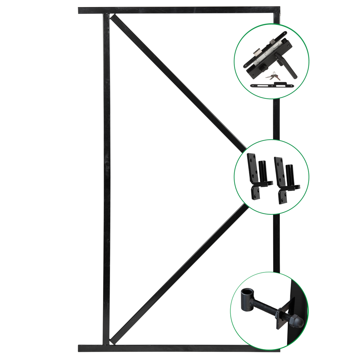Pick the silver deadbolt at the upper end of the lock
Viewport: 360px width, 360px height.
click(x=272, y=43)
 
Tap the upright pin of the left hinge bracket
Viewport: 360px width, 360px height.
click(x=262, y=171)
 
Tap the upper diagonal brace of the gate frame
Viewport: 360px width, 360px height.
click(x=176, y=81)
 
